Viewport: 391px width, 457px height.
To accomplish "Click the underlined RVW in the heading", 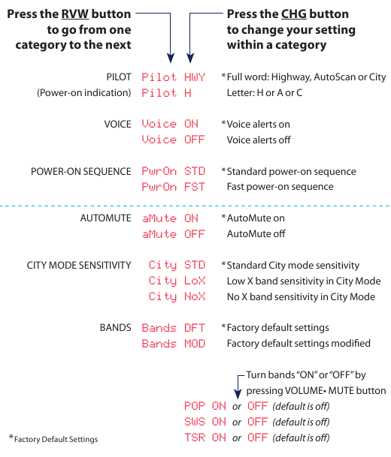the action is tap(75, 14).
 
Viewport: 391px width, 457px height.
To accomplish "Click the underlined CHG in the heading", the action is tap(294, 14).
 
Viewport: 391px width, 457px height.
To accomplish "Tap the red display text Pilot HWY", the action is tap(174, 77).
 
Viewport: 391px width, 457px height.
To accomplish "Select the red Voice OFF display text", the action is tap(174, 140).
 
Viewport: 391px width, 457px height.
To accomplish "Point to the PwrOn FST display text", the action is tap(174, 187).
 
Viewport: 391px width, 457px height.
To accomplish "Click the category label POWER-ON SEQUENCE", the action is tap(81, 171).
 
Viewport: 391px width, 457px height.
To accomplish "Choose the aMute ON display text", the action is tap(170, 218).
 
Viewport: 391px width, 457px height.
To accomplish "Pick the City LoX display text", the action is tap(177, 281).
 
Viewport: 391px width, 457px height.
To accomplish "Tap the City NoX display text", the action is tap(177, 296).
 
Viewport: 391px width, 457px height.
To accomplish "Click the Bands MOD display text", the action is tap(174, 344).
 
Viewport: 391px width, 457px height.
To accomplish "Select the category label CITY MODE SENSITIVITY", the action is tap(79, 265).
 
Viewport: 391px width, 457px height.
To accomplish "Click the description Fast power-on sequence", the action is tap(280, 187).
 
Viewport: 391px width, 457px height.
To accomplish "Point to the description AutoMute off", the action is tap(256, 233).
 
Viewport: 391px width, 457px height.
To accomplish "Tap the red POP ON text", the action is tap(205, 406).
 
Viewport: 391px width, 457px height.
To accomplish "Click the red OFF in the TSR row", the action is tap(258, 437).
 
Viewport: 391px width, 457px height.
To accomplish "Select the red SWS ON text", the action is tap(205, 422).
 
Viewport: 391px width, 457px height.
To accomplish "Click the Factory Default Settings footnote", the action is tap(53, 439).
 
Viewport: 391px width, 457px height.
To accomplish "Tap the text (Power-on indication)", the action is tap(83, 93).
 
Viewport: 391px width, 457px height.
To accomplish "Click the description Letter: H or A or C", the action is tap(265, 93).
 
